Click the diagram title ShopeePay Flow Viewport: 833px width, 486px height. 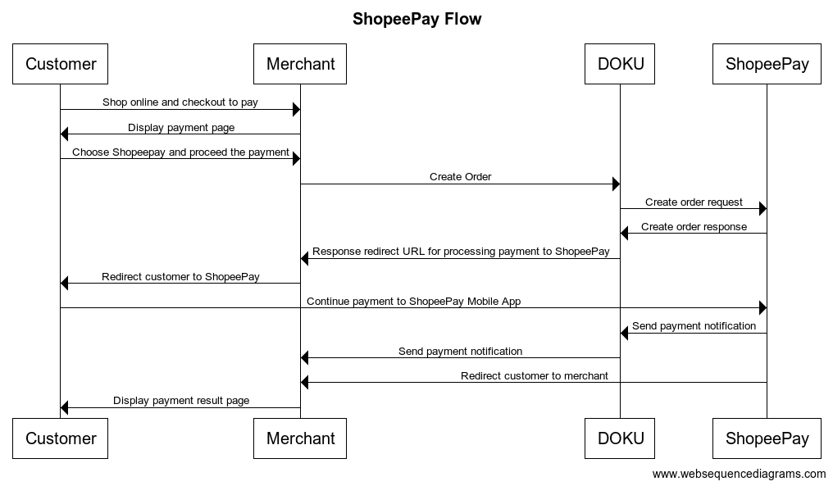pyautogui.click(x=416, y=19)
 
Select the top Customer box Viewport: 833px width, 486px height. pyautogui.click(x=61, y=64)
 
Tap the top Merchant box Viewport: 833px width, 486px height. pyautogui.click(x=300, y=64)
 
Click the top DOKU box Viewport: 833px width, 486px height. pyautogui.click(x=620, y=64)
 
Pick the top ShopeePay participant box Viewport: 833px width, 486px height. pyautogui.click(x=767, y=64)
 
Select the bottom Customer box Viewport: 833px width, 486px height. pyautogui.click(x=61, y=438)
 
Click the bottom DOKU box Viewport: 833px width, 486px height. pyautogui.click(x=620, y=438)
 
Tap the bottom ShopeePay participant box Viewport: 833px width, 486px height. pyautogui.click(x=767, y=438)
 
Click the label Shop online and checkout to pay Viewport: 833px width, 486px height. pyautogui.click(x=180, y=102)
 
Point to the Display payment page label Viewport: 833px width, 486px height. pyautogui.click(x=180, y=128)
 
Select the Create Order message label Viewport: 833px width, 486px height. pyautogui.click(x=460, y=177)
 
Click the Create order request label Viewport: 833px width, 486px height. pyautogui.click(x=694, y=202)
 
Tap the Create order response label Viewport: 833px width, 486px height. pyautogui.click(x=694, y=227)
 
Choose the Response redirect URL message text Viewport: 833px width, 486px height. pyautogui.click(x=460, y=252)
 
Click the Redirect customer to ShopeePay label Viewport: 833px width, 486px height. pyautogui.click(x=180, y=277)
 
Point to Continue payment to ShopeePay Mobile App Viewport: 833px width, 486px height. pyautogui.click(x=413, y=302)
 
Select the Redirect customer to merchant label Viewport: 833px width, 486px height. pyautogui.click(x=534, y=376)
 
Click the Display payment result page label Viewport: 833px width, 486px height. pyautogui.click(x=181, y=401)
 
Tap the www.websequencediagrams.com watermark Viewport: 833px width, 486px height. pyautogui.click(x=739, y=474)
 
